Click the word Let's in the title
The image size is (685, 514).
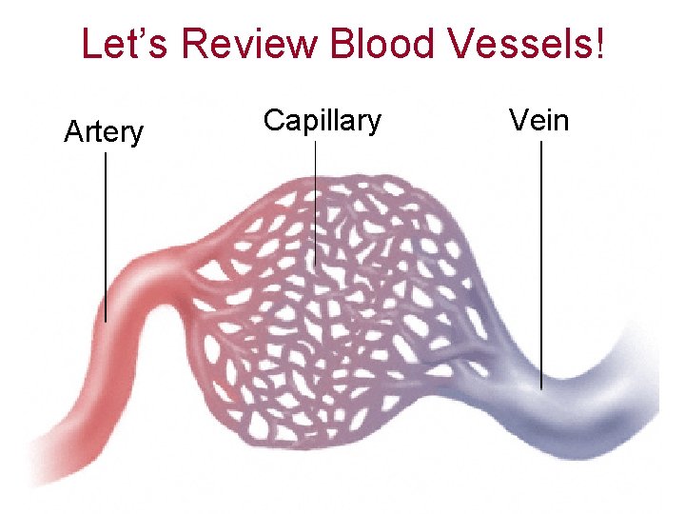point(125,43)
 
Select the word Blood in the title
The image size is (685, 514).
point(381,43)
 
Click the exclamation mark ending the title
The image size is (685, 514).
point(599,42)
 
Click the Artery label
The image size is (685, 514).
point(104,131)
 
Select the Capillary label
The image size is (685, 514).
point(323,120)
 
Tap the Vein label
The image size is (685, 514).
point(539,119)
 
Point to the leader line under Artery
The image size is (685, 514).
point(106,237)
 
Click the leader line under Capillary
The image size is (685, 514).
point(316,204)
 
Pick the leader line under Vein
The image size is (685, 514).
point(541,265)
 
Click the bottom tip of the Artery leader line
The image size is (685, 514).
point(106,322)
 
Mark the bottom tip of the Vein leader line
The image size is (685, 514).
point(541,389)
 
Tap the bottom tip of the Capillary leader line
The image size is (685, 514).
point(316,266)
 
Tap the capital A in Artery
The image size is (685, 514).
point(73,130)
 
